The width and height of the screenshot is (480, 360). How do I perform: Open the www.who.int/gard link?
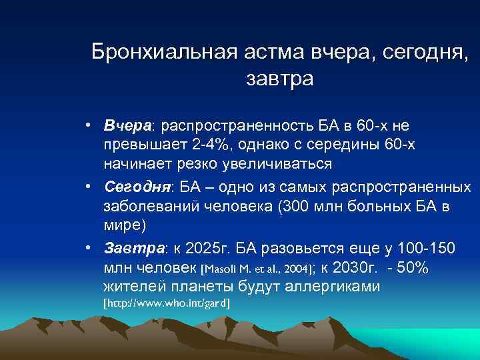(x=167, y=303)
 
